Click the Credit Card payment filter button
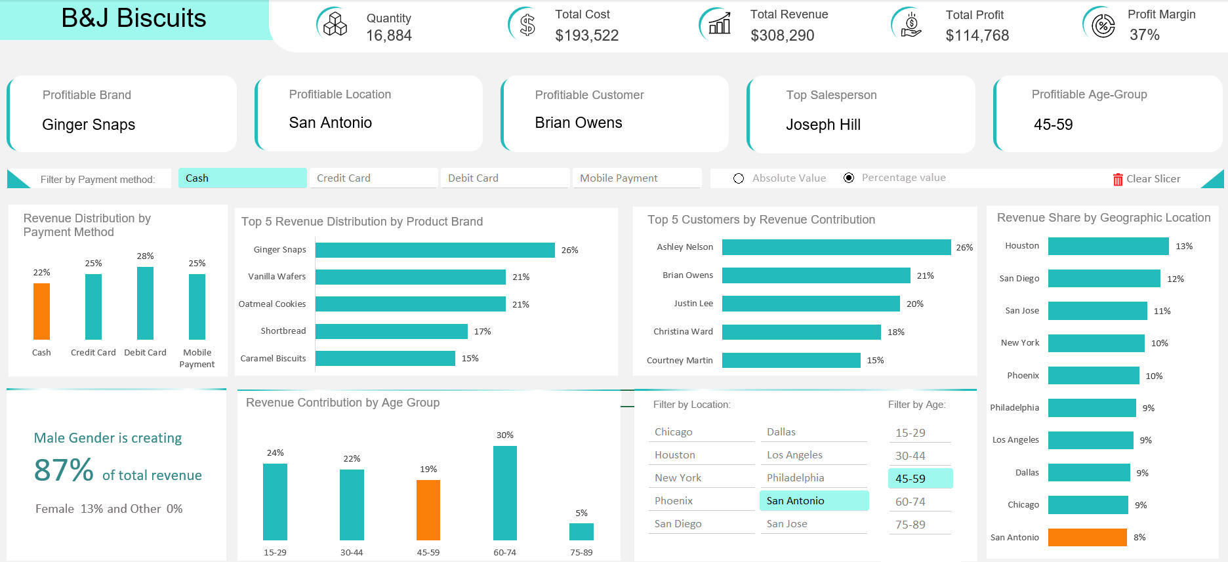tap(373, 178)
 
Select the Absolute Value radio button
tap(739, 178)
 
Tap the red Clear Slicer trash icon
tap(1118, 179)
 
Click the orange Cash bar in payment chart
tap(41, 311)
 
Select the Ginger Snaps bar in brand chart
tap(435, 250)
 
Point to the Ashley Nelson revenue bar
tap(836, 247)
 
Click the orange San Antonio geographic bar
tap(1087, 537)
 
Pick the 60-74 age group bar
tap(504, 492)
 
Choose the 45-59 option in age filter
tap(920, 479)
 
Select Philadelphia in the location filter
tap(813, 478)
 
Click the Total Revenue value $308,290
tap(782, 35)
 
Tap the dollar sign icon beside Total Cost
tap(527, 25)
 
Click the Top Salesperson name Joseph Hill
tap(823, 125)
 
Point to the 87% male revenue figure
tap(64, 470)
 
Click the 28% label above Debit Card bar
tap(145, 256)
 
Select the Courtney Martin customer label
tap(679, 360)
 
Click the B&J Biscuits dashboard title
tap(134, 18)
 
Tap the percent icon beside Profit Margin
tap(1103, 26)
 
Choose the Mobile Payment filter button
tap(636, 178)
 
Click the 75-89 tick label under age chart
tap(581, 552)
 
